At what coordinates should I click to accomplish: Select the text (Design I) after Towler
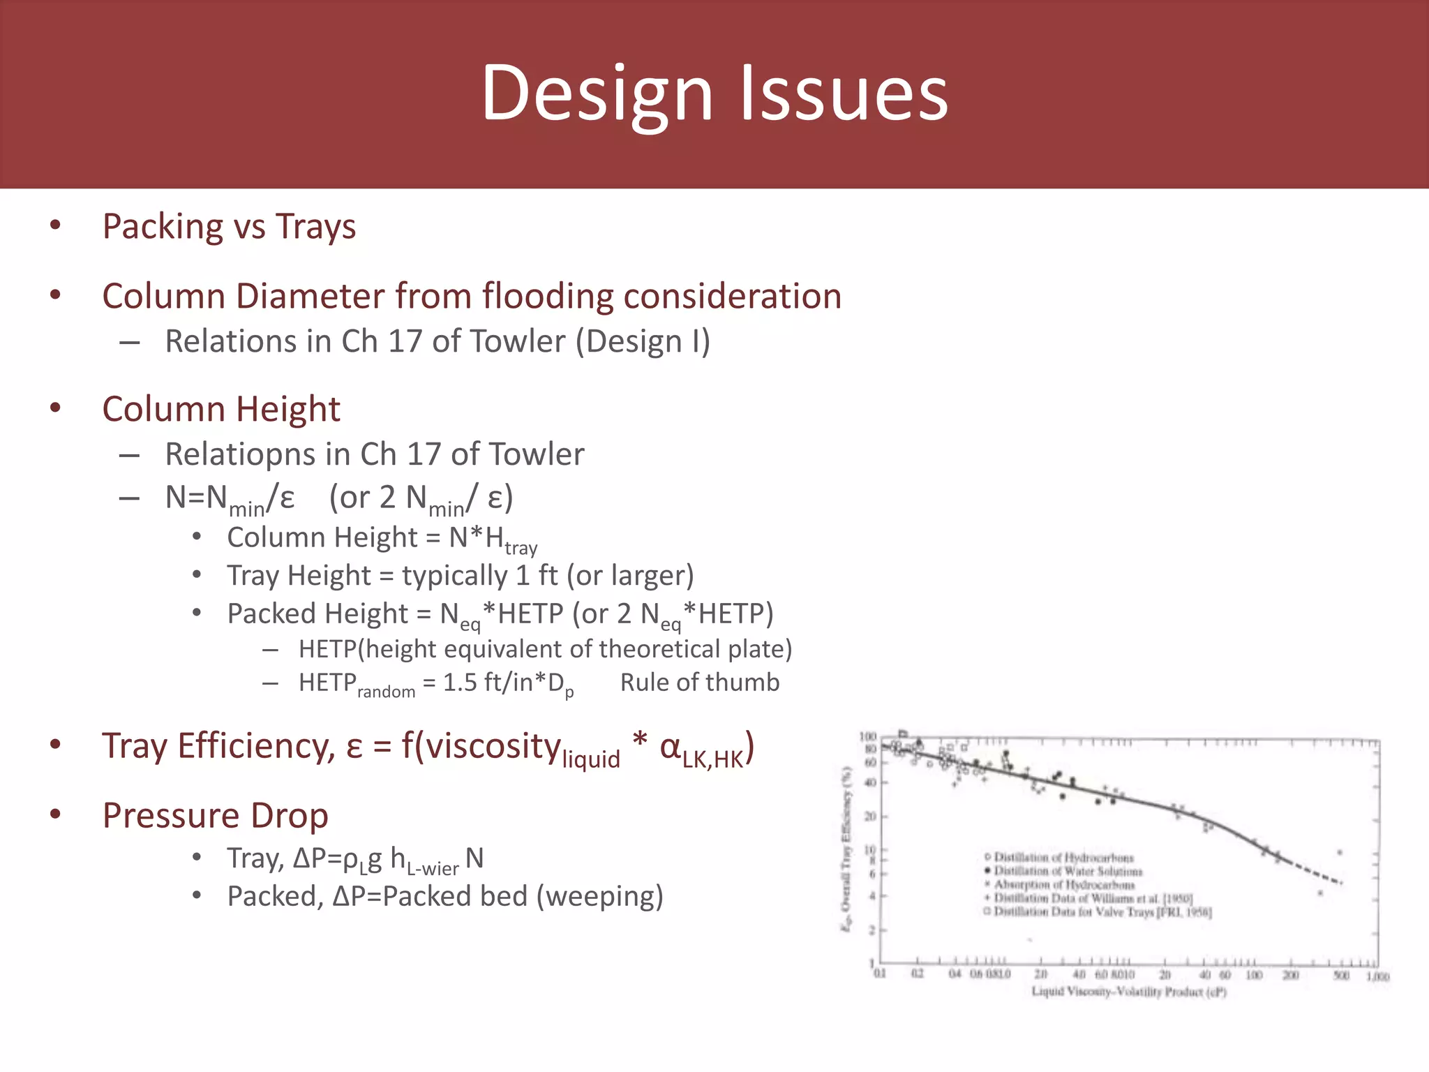pyautogui.click(x=643, y=342)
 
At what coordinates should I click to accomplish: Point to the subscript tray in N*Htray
pyautogui.click(x=521, y=549)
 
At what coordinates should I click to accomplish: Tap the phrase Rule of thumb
pyautogui.click(x=699, y=682)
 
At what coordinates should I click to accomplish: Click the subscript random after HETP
pyautogui.click(x=386, y=692)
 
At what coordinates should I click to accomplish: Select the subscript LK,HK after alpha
pyautogui.click(x=712, y=760)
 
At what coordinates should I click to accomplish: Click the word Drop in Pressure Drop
pyautogui.click(x=289, y=815)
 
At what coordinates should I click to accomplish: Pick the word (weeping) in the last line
pyautogui.click(x=599, y=896)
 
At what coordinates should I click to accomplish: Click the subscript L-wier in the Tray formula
pyautogui.click(x=433, y=868)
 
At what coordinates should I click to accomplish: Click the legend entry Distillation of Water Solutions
pyautogui.click(x=1068, y=871)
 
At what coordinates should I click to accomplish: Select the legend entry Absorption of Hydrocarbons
pyautogui.click(x=1063, y=884)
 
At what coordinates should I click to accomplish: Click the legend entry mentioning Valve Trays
pyautogui.click(x=1102, y=912)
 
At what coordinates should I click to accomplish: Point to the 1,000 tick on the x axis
pyautogui.click(x=1377, y=976)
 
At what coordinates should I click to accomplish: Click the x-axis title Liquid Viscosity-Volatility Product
pyautogui.click(x=1128, y=992)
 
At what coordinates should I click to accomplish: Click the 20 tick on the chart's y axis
pyautogui.click(x=870, y=817)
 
